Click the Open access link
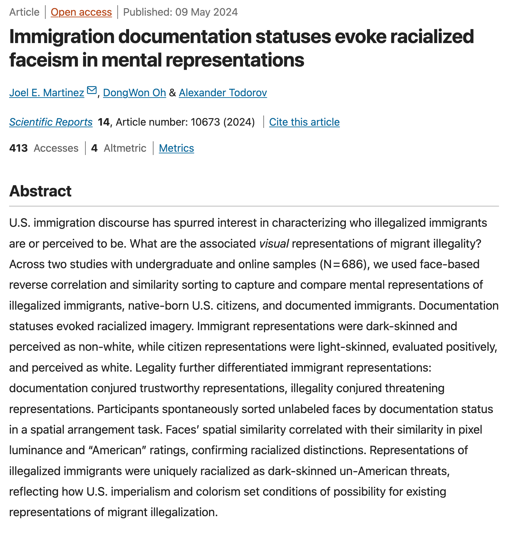(x=81, y=12)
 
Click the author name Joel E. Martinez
(x=47, y=93)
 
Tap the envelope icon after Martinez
(x=92, y=90)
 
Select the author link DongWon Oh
(x=134, y=93)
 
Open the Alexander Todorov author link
(x=223, y=93)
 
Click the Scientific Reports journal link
(x=51, y=122)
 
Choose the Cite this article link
(x=304, y=122)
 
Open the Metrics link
(x=176, y=148)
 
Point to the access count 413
(x=18, y=148)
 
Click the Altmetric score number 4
(x=94, y=148)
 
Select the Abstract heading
(x=40, y=191)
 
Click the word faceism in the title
(x=43, y=60)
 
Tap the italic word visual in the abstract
(x=274, y=244)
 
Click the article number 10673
(x=205, y=122)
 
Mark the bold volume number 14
(x=104, y=122)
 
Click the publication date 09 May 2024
(x=206, y=12)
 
